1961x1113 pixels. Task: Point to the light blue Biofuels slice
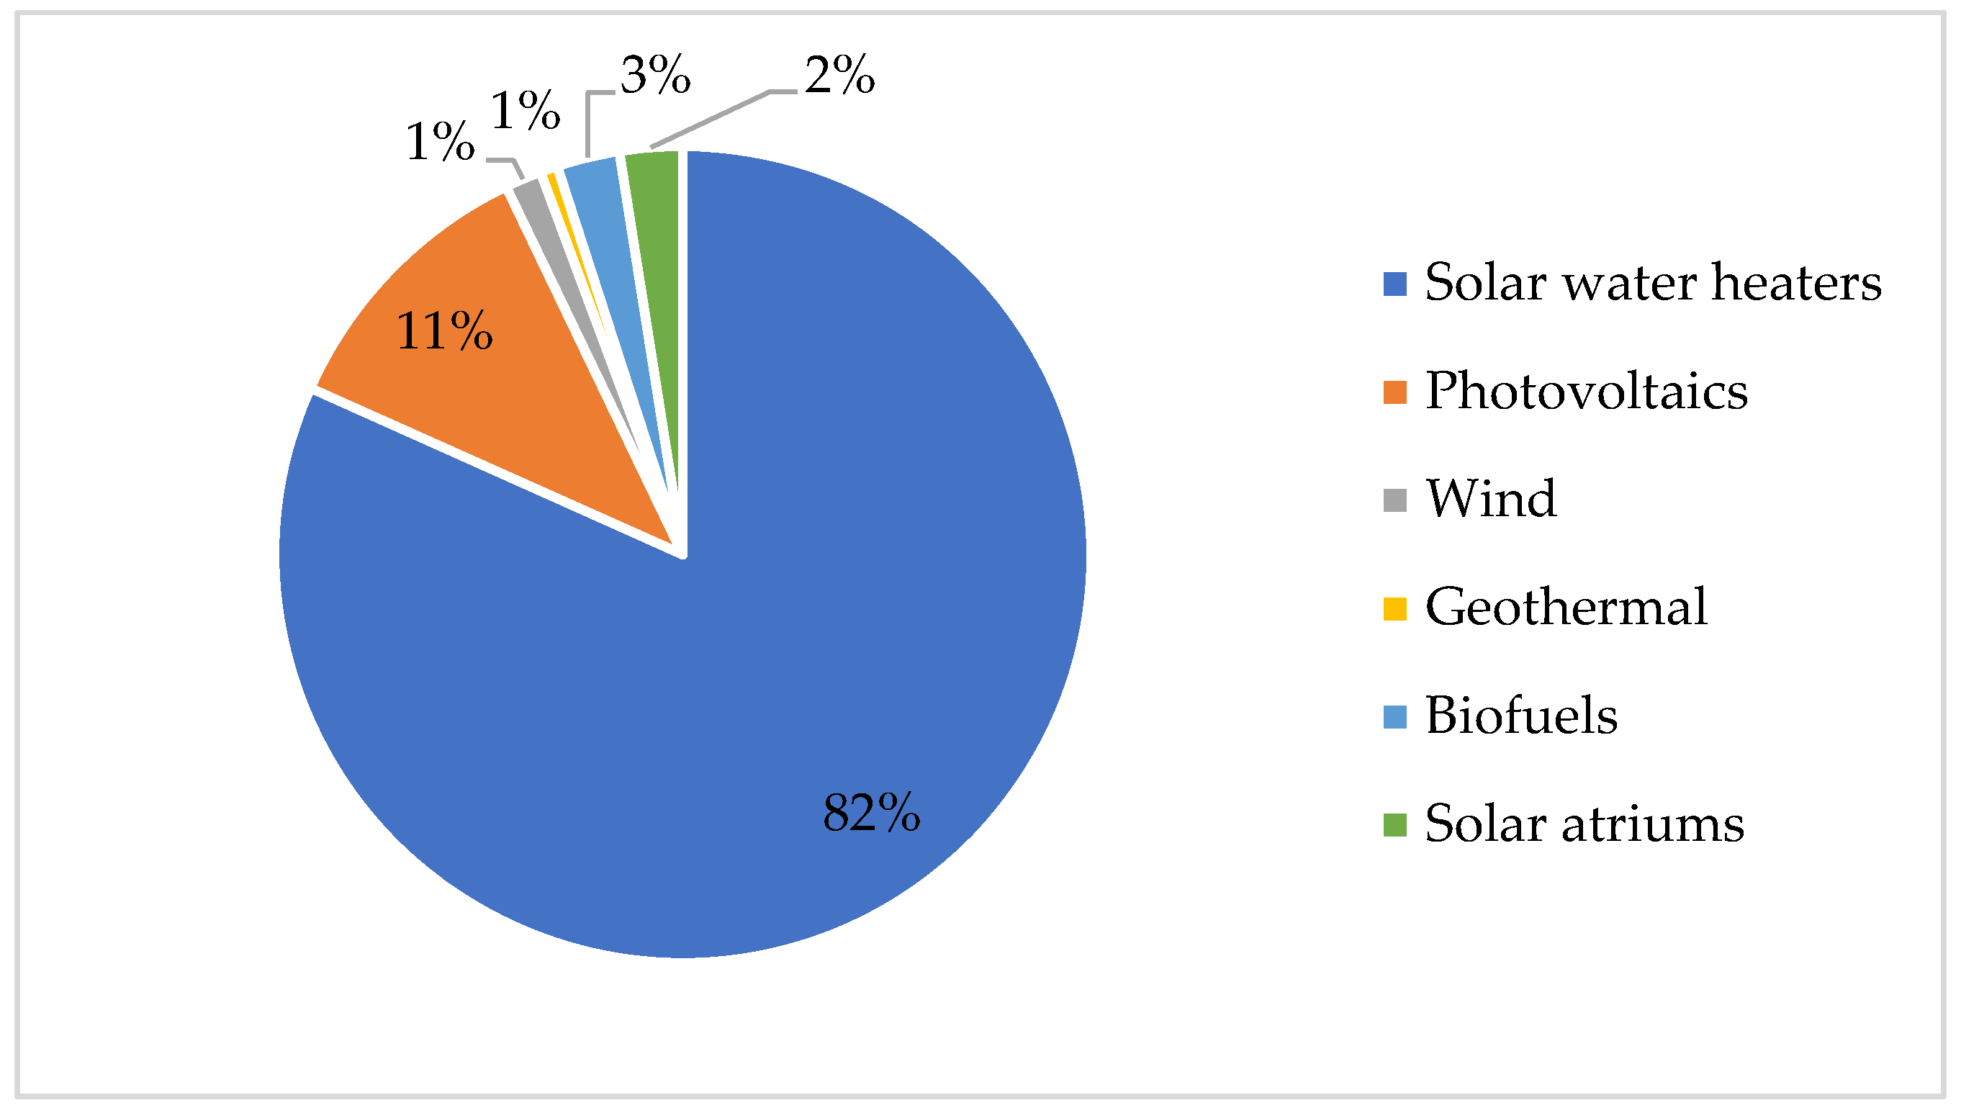[611, 230]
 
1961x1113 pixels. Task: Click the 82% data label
[871, 812]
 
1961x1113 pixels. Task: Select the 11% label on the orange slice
[444, 331]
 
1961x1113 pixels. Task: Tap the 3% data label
[655, 76]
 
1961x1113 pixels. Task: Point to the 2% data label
[839, 76]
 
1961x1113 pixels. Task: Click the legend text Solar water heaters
[1653, 283]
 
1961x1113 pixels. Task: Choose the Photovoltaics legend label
[1587, 391]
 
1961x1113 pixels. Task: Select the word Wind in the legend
[1491, 498]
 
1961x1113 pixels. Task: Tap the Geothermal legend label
[1566, 607]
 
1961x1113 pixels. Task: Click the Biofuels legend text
[1522, 716]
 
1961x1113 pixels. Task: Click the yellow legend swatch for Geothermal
[1394, 609]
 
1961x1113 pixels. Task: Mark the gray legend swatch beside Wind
[1394, 500]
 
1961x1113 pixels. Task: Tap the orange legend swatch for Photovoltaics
[1394, 392]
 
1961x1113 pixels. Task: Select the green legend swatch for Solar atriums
[1394, 826]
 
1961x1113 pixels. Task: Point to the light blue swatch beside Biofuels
[1394, 717]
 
